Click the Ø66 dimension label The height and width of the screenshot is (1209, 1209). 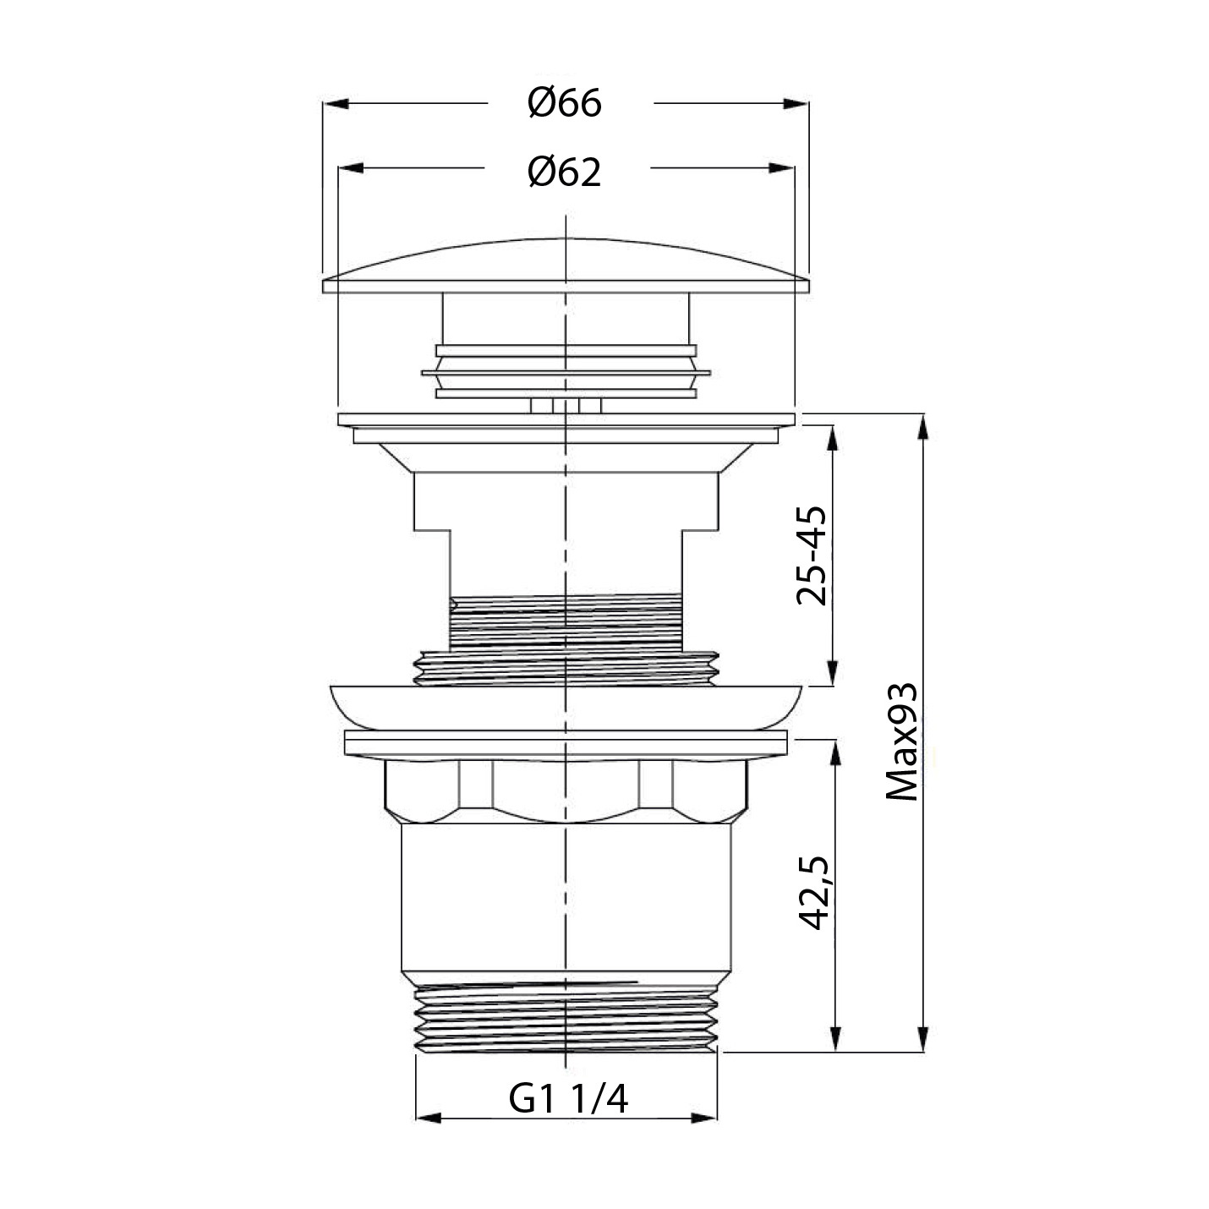tap(565, 103)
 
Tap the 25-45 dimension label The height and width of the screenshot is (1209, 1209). tap(812, 555)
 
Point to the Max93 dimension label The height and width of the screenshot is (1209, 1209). tap(901, 741)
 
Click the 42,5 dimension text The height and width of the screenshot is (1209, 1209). tap(813, 892)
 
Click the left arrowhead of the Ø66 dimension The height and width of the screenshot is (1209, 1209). tap(336, 103)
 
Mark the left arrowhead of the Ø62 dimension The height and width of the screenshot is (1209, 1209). tap(352, 168)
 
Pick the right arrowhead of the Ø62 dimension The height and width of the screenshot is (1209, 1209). tap(782, 168)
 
